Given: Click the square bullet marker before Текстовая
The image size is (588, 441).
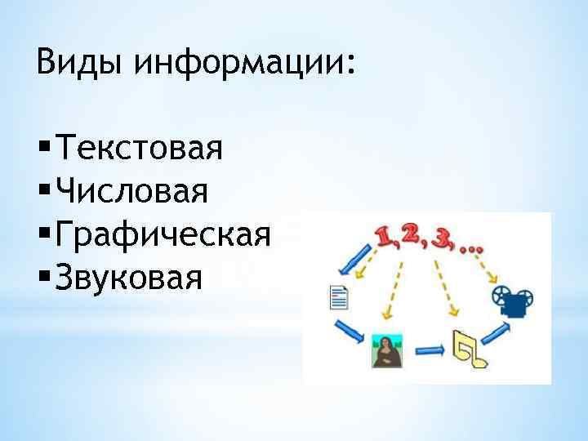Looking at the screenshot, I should (42, 149).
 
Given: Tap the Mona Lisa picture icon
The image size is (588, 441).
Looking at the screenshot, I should (382, 350).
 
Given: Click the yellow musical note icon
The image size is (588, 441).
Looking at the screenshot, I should (471, 348).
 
